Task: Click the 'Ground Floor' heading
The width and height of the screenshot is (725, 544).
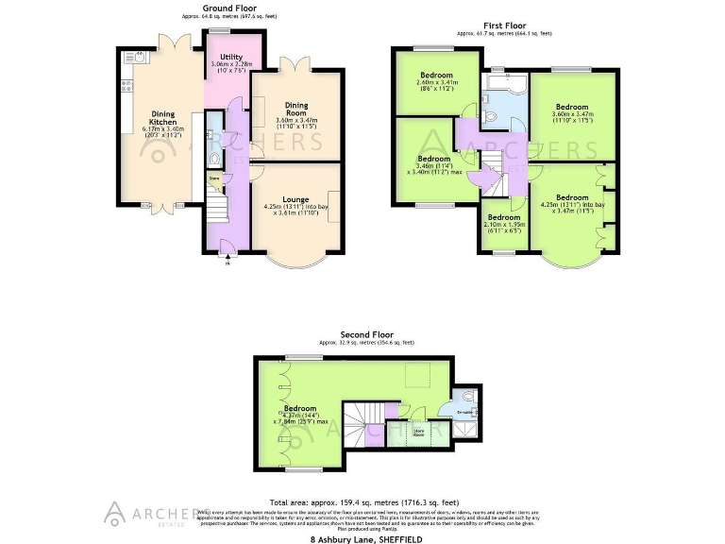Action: (229, 8)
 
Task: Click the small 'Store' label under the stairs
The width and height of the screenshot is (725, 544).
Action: (214, 178)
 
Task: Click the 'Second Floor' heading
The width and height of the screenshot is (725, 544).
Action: (367, 334)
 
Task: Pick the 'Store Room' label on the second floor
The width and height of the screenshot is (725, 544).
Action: (420, 433)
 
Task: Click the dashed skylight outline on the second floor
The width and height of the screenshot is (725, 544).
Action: (415, 378)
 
